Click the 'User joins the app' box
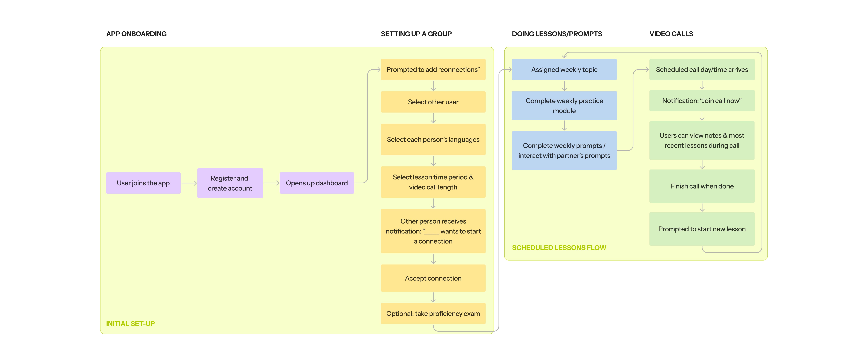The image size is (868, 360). [x=143, y=183]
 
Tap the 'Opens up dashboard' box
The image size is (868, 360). [x=317, y=183]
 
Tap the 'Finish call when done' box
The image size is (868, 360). [x=702, y=186]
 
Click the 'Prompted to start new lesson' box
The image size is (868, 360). [x=702, y=229]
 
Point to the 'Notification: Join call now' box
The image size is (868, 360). [x=702, y=100]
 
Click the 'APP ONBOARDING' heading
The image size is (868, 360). [x=136, y=34]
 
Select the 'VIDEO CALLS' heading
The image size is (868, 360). [x=671, y=34]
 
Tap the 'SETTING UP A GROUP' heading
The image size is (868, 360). [x=416, y=34]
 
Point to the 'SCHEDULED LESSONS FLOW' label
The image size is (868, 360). [x=559, y=247]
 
